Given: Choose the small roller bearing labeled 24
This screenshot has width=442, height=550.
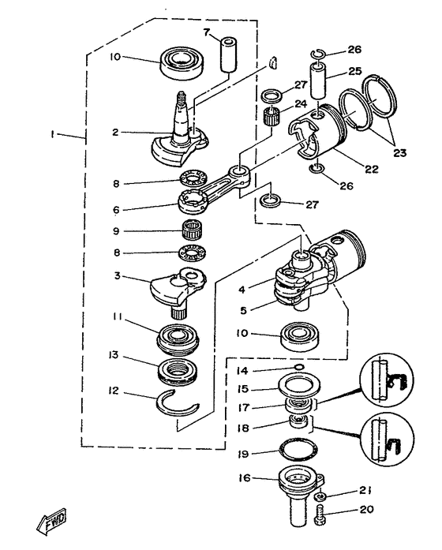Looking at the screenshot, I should (x=273, y=123).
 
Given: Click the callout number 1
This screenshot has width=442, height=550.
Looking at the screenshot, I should (x=52, y=135).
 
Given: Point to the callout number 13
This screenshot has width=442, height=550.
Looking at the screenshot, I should (x=115, y=356).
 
